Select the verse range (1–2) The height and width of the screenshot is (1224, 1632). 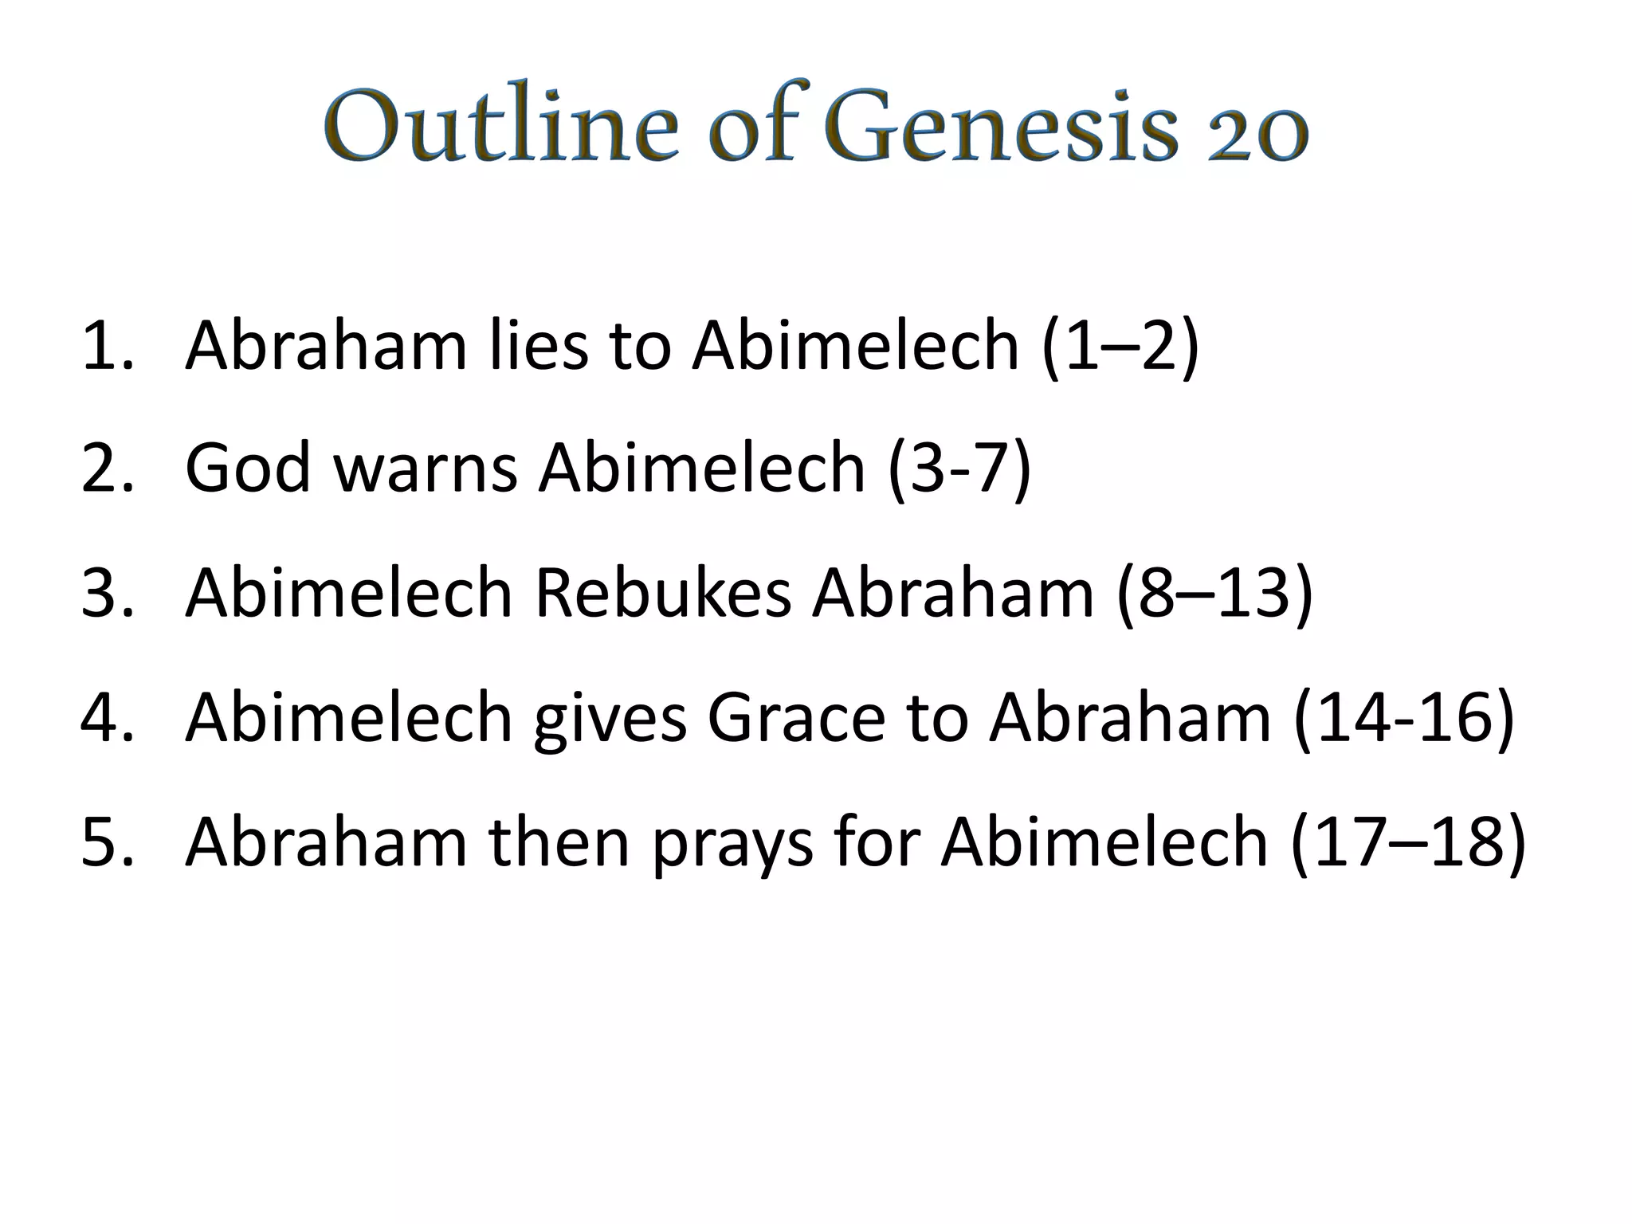pos(1120,347)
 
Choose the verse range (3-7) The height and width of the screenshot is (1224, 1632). pos(959,470)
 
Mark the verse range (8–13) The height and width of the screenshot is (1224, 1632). pos(1214,594)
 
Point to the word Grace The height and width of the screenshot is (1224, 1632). pos(796,716)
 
